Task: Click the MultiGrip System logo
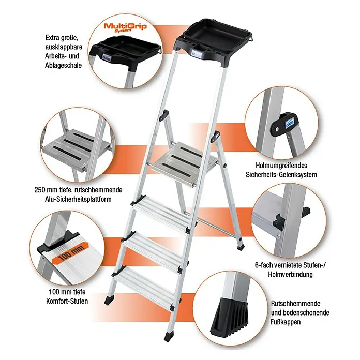125,27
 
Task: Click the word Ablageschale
64,65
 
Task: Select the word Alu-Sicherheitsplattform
78,199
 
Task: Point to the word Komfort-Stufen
67,301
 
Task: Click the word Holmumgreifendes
281,166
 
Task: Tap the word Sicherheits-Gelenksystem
281,175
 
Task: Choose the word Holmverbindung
290,274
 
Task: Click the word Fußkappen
286,322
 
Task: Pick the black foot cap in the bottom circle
230,315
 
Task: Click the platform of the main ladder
184,163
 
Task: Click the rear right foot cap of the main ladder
241,247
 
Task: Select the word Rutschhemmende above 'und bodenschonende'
295,303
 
